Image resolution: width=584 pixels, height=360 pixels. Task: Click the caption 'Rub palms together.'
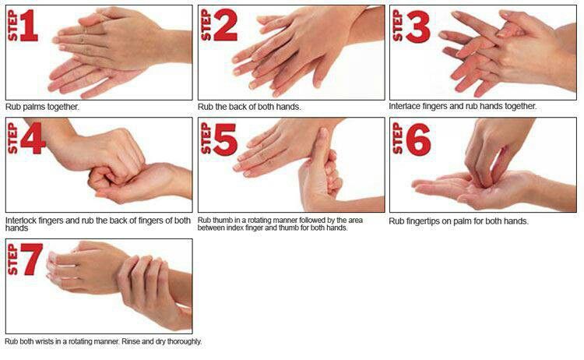[42, 107]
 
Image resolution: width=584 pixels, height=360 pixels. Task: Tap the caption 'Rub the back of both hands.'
[248, 107]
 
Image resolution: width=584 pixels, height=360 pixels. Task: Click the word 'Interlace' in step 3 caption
[405, 107]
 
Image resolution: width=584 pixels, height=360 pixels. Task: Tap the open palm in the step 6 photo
[459, 187]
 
